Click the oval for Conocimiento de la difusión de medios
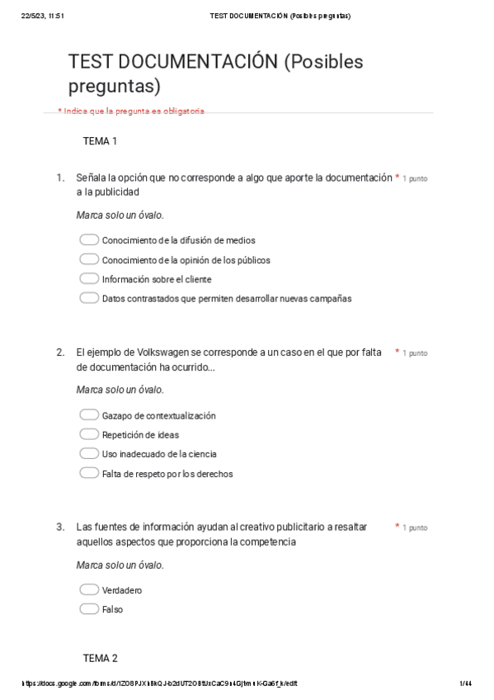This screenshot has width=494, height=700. (89, 240)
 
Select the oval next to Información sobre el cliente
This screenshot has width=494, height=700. (89, 279)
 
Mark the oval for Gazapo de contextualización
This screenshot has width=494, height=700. (89, 415)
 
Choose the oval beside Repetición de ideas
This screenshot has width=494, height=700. (89, 434)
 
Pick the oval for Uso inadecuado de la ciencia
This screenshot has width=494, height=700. (89, 454)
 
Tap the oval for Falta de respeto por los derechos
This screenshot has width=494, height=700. (89, 474)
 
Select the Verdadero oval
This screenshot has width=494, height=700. (89, 590)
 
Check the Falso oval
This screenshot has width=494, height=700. (89, 609)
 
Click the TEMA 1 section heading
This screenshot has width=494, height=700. (100, 141)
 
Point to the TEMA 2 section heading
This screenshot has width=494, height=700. (100, 658)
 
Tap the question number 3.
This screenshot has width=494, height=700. (60, 527)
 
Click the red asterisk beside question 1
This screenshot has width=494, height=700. (397, 177)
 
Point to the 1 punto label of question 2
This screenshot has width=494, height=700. (415, 353)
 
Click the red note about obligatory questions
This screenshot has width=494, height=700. (131, 111)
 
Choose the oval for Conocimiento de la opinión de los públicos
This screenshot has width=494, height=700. (89, 260)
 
